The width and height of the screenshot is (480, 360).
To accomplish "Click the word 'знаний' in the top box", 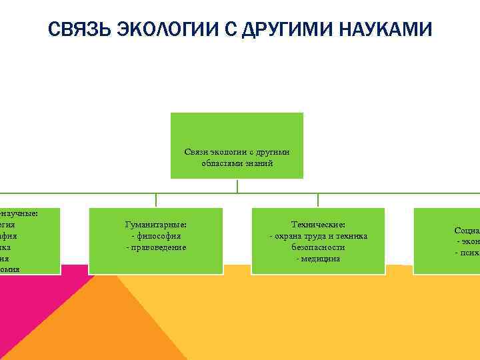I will pos(260,163).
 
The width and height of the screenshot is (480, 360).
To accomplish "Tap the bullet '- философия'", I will pos(156,236).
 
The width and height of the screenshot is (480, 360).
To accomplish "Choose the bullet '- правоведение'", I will pos(156,247).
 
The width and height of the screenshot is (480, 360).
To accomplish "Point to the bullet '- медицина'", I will pos(318,259).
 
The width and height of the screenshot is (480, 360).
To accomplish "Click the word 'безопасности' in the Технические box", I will pos(318,247).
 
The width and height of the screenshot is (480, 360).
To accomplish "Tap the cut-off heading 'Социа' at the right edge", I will pos(467,231).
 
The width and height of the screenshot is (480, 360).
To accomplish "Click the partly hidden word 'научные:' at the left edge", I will pos(20,213).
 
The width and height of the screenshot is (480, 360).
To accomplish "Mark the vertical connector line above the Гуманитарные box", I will pos(156,201).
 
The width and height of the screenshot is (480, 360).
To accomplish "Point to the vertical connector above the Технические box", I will pos(318,201).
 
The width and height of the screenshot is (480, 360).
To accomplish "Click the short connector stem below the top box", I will pos(237,186).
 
